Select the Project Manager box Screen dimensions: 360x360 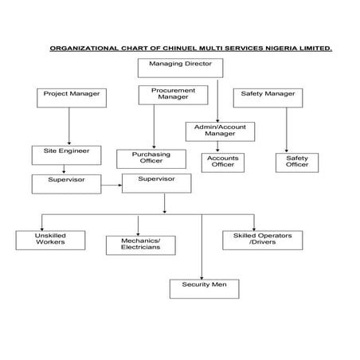pos(72,98)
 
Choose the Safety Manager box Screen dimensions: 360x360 pos(268,98)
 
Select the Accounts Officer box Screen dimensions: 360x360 pos(223,162)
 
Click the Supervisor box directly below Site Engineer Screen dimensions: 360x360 pos(66,183)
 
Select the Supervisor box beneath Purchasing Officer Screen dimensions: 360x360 pos(156,183)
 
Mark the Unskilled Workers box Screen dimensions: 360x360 pos(50,240)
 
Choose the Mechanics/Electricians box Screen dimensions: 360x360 pos(141,244)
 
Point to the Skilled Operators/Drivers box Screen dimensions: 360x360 pos(262,240)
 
